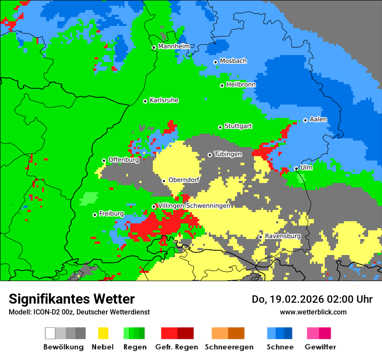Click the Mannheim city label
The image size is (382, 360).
(174, 46)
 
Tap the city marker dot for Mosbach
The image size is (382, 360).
(215, 62)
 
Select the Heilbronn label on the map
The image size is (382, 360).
(241, 85)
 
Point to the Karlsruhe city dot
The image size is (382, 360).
(145, 101)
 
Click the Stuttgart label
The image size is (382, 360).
(238, 126)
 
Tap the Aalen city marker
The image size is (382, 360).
(305, 120)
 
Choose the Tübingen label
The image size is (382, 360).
(228, 154)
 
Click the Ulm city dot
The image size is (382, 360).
(296, 168)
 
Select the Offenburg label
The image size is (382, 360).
(124, 160)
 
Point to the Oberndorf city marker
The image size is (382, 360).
(164, 181)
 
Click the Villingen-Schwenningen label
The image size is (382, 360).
(194, 206)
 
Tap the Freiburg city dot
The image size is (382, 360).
(95, 215)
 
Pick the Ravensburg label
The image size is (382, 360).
(283, 236)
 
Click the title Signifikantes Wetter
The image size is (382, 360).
(72, 299)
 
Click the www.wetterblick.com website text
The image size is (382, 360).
(313, 312)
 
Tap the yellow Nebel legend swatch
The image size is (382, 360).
(103, 333)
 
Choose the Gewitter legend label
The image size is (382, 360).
(320, 347)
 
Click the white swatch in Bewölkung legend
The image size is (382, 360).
(50, 333)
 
